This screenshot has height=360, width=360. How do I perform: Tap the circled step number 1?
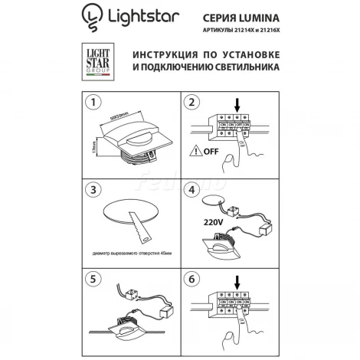[x=92, y=102]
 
